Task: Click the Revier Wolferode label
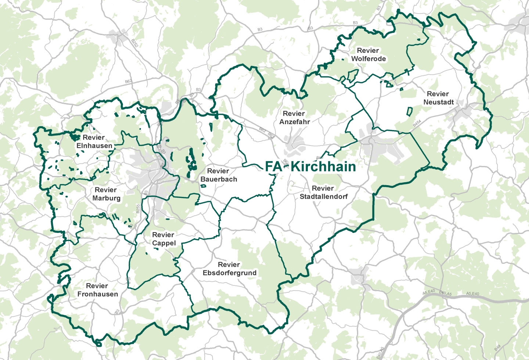(368, 55)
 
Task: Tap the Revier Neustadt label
(438, 98)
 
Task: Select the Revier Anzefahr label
(294, 118)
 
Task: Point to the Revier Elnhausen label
(94, 142)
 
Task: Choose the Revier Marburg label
(106, 194)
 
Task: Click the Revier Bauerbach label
(219, 175)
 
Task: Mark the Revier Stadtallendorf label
(323, 192)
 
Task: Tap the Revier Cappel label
(163, 239)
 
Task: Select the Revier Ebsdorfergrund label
(229, 269)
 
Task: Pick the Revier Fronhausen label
(97, 290)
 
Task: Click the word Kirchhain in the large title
(323, 166)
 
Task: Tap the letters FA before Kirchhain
(273, 166)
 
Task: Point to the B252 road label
(135, 43)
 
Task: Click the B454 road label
(417, 123)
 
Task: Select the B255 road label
(138, 209)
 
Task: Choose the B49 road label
(497, 348)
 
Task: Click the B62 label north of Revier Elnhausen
(128, 82)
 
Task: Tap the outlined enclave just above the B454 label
(409, 111)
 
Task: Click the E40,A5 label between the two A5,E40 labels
(445, 293)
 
